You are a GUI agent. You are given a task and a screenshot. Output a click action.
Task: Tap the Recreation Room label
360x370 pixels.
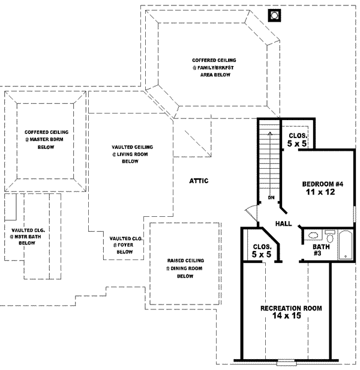click(291, 308)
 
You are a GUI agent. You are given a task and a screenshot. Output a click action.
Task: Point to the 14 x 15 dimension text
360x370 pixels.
click(291, 318)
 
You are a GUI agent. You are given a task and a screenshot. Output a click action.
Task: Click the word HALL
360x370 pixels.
click(283, 223)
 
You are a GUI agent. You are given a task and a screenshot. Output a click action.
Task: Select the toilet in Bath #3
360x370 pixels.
click(329, 234)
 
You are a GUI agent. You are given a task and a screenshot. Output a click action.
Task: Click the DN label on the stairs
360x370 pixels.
click(271, 196)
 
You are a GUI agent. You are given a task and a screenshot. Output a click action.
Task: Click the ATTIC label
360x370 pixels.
click(199, 181)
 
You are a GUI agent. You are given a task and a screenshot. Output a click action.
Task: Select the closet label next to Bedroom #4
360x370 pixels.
click(297, 140)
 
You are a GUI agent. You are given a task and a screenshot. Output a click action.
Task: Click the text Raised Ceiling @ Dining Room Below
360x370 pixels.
click(185, 268)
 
